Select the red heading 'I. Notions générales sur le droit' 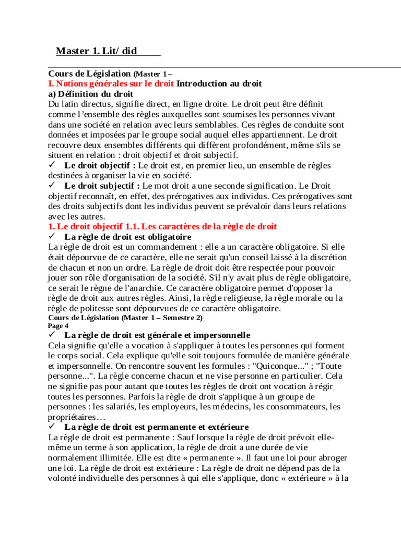111,83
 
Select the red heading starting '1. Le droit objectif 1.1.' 162,226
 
